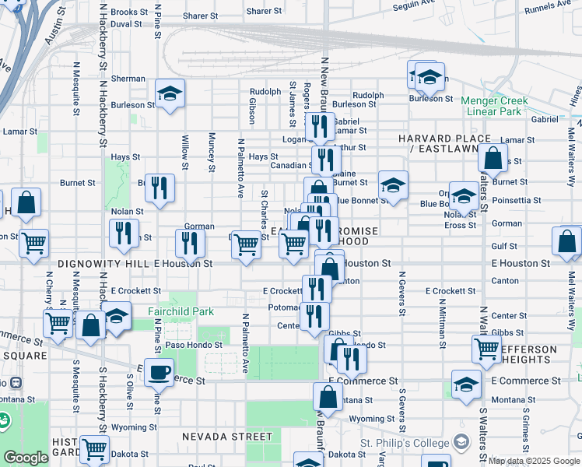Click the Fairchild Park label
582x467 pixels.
181,312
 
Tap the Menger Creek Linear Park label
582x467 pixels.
494,106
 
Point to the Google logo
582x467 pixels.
26,458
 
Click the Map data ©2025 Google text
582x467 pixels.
533,460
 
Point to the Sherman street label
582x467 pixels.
128,79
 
